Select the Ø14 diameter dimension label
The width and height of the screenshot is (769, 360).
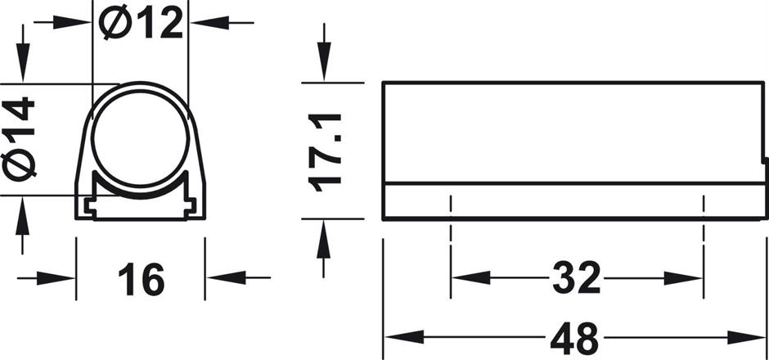[x=20, y=137]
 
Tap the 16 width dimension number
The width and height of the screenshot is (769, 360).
[x=140, y=279]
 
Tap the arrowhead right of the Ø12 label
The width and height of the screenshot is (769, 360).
[x=203, y=22]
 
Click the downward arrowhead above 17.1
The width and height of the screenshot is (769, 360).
[x=326, y=69]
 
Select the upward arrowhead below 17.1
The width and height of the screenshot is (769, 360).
[x=326, y=234]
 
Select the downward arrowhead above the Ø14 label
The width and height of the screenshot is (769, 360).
[x=25, y=70]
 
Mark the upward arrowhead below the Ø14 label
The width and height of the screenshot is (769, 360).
[x=25, y=208]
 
